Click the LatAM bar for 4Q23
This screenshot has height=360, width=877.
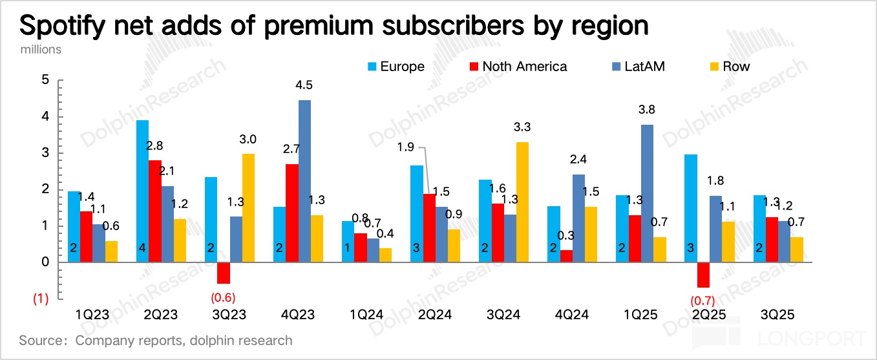click(304, 181)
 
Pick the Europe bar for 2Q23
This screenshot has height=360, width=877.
click(142, 191)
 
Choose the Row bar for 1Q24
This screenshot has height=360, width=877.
click(386, 255)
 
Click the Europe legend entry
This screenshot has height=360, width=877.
click(396, 66)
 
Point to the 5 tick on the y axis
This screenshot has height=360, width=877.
click(45, 80)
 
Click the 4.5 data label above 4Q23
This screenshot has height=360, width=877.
click(304, 85)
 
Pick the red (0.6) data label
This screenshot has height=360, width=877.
click(224, 299)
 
